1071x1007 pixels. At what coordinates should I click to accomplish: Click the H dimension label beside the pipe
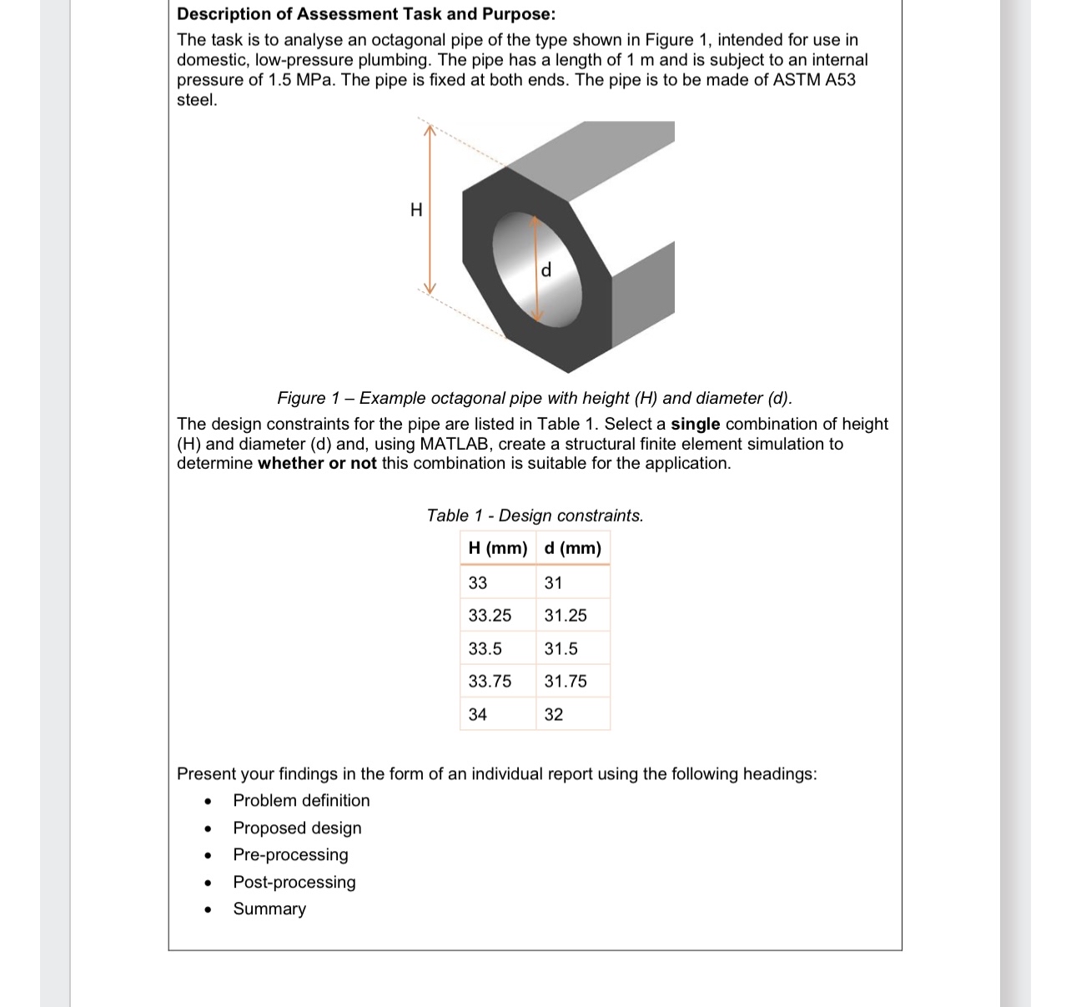pos(416,209)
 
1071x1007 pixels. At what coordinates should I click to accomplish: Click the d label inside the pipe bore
pos(546,270)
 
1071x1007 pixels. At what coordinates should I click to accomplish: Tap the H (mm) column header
pos(498,548)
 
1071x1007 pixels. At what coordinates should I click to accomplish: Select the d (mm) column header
pos(572,548)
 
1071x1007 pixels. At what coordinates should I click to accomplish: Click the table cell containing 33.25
pos(490,616)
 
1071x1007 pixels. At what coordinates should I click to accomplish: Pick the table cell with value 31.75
pos(566,682)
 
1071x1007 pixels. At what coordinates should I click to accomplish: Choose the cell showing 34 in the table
pos(478,714)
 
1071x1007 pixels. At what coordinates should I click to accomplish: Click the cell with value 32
pos(554,714)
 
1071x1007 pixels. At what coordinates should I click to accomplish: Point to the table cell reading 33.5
pos(485,649)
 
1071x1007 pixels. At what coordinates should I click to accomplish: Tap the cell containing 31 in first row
pos(554,583)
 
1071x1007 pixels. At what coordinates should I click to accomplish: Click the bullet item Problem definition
pos(301,801)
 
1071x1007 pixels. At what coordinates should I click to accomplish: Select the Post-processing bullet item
pos(294,882)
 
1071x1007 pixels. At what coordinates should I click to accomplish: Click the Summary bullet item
pos(269,909)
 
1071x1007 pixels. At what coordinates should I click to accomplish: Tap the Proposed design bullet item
pos(297,828)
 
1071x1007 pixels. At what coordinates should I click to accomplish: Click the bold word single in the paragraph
pos(695,424)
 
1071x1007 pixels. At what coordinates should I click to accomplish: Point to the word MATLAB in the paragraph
pos(455,444)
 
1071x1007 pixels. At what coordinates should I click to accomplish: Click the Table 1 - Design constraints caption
pos(535,516)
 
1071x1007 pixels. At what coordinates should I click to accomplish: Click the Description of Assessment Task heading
pos(366,14)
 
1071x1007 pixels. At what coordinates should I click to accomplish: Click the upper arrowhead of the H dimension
pos(429,129)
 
